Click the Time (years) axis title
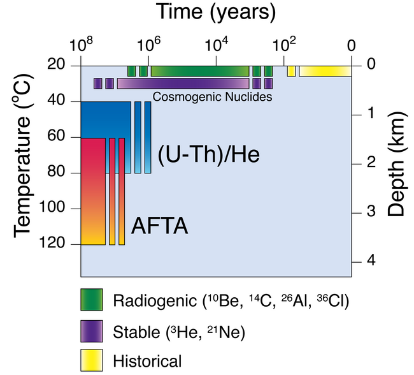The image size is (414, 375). [x=215, y=12]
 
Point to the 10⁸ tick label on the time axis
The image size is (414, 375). [x=82, y=47]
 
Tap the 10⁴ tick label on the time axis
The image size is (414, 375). [x=216, y=47]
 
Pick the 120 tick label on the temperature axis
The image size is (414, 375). [x=58, y=244]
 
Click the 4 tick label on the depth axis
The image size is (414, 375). [x=370, y=261]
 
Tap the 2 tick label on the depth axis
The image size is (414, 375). [x=370, y=163]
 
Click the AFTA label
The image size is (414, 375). [x=160, y=226]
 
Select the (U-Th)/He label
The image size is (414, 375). [x=209, y=154]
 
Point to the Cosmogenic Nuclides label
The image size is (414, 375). [x=213, y=98]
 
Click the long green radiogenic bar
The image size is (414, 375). [x=199, y=71]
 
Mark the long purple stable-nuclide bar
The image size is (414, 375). [x=183, y=84]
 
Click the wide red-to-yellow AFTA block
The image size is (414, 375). [x=93, y=191]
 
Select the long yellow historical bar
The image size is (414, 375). [x=325, y=71]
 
